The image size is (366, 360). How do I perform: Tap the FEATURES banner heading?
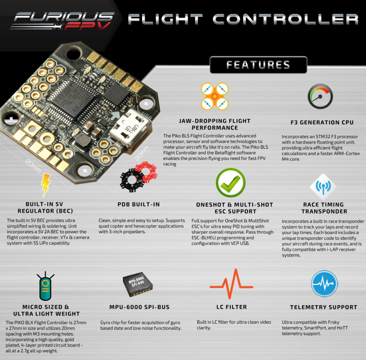258,65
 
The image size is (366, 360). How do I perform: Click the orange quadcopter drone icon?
214,96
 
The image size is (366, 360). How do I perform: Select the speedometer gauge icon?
320,96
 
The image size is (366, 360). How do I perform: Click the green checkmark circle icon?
231,183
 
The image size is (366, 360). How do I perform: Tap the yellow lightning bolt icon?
46,184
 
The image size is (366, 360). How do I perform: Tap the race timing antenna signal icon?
323,187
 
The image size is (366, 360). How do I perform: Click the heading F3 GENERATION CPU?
322,122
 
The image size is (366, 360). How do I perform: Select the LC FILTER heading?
232,307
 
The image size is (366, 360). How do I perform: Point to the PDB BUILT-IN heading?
139,205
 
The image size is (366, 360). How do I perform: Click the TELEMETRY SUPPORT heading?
323,307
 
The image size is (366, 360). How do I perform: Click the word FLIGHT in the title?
165,19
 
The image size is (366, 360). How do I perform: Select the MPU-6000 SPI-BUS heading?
139,307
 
